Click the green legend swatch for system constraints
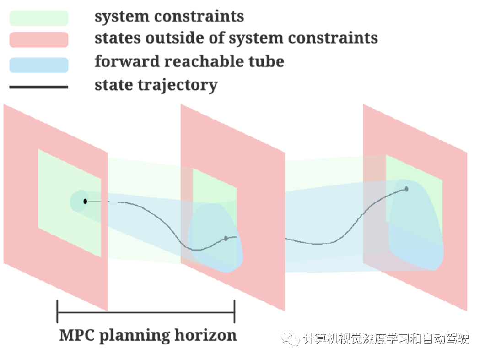click(39, 18)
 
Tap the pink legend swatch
click(39, 39)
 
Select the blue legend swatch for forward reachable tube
click(39, 65)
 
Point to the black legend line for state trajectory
click(39, 87)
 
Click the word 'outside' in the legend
click(166, 38)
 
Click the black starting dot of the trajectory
click(85, 201)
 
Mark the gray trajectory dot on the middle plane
click(226, 238)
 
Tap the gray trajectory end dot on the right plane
click(406, 189)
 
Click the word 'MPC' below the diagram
click(76, 335)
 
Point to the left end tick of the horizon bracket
click(57, 312)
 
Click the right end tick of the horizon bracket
click(234, 312)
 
